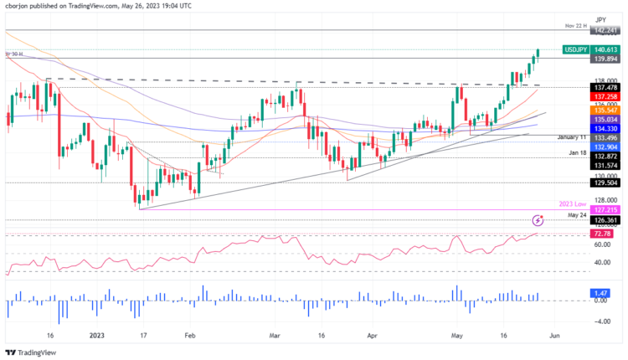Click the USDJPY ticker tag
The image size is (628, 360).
(x=575, y=50)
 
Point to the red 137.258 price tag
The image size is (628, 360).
(x=605, y=98)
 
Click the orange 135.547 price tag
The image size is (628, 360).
(x=605, y=110)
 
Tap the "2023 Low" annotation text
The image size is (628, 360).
(x=573, y=204)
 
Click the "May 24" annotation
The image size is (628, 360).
(x=578, y=215)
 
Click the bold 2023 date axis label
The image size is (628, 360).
(x=99, y=335)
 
